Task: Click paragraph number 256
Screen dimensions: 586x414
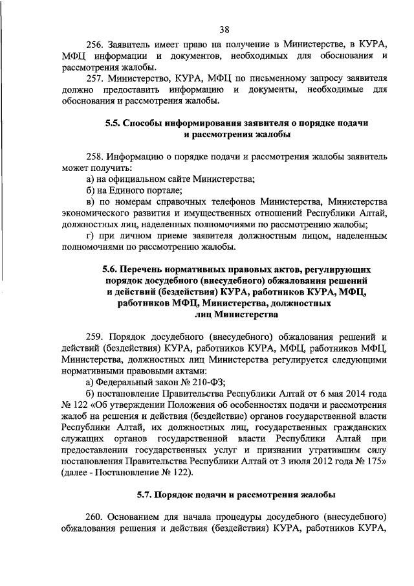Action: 95,44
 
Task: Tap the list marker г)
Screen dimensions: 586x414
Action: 90,235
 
